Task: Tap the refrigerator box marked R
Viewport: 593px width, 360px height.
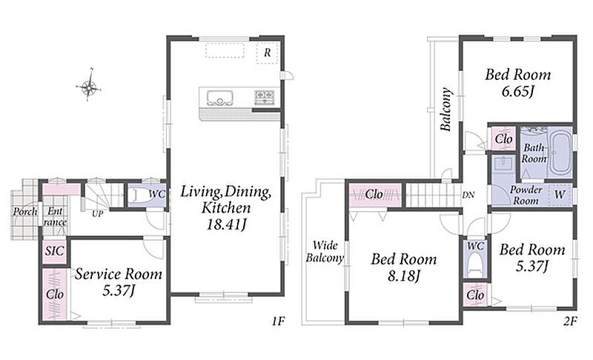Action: point(268,53)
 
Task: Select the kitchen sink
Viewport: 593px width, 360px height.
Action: point(219,98)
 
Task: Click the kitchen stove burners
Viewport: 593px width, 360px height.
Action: point(265,96)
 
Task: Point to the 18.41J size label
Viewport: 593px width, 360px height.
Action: point(226,224)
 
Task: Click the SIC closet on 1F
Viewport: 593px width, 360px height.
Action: point(54,251)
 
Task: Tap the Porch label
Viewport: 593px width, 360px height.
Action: point(25,212)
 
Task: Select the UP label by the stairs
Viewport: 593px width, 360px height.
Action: point(98,214)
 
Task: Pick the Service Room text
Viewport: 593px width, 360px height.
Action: point(119,274)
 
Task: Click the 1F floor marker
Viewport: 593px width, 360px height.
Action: point(278,321)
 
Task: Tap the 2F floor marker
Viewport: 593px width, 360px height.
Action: point(570,321)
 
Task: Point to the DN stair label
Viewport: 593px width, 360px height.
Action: point(468,196)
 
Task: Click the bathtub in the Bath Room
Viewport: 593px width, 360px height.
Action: point(560,153)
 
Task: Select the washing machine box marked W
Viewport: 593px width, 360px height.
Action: point(560,195)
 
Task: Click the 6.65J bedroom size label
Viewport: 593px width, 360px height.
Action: point(518,91)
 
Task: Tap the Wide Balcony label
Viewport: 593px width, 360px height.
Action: point(325,252)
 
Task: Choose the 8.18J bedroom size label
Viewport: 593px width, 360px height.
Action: point(404,276)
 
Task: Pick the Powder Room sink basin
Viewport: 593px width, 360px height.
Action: point(503,164)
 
